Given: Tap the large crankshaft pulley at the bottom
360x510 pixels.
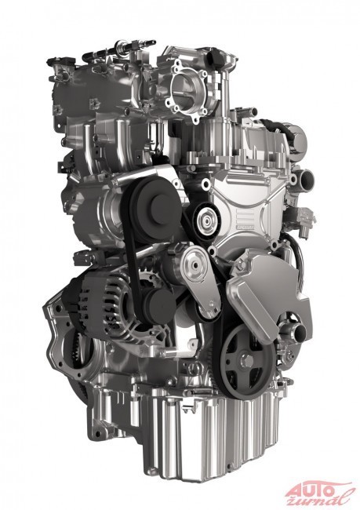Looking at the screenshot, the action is (x=246, y=361).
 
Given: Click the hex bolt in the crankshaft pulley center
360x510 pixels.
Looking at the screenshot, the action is (x=247, y=360).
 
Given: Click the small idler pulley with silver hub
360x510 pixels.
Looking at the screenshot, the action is (x=206, y=221).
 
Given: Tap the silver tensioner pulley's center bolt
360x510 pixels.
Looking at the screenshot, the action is (x=195, y=265).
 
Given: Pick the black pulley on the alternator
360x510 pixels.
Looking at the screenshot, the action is (x=159, y=303).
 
